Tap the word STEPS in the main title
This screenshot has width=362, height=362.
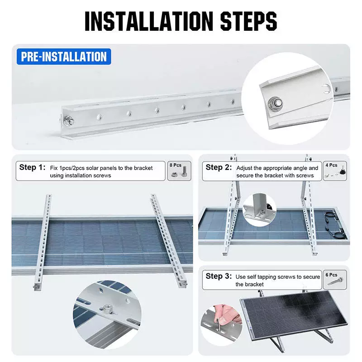coord(248,21)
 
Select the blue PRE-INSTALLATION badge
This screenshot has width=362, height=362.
coord(64,57)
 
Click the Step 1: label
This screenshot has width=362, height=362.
coord(32,167)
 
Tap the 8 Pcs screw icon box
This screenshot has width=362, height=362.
coord(179,171)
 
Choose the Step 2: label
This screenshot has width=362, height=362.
coord(219,167)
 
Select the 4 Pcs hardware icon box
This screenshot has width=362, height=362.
coord(335,171)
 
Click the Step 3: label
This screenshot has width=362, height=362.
coord(219,276)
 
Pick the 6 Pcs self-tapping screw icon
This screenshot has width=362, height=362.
coord(335,280)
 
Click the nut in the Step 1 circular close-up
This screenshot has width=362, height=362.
coord(108,308)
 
